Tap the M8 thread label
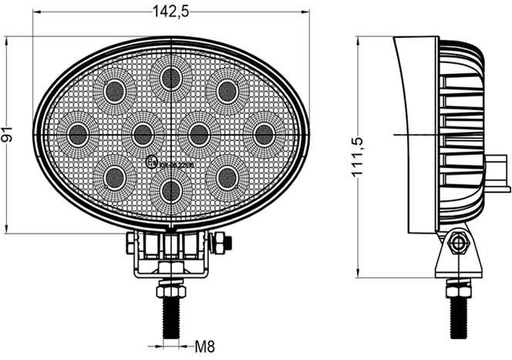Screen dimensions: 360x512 [x=204, y=346]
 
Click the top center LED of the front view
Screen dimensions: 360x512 [x=170, y=77]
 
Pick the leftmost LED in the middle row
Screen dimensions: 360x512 [x=78, y=134]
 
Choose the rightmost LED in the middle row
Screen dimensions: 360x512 [x=264, y=134]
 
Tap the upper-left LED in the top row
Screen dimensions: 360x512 [x=115, y=91]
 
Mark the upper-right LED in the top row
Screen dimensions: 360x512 [x=227, y=91]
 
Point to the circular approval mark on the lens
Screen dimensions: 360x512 [x=151, y=163]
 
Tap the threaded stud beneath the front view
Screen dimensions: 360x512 [x=170, y=317]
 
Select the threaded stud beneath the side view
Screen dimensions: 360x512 [x=460, y=316]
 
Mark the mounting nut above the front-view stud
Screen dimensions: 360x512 [x=170, y=291]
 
